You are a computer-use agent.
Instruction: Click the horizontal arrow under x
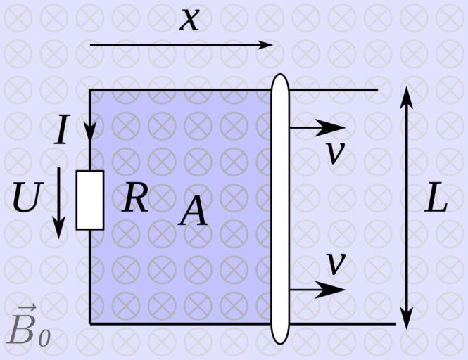pyautogui.click(x=181, y=45)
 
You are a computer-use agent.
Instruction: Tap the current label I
pyautogui.click(x=62, y=131)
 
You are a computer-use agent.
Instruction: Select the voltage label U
pyautogui.click(x=26, y=198)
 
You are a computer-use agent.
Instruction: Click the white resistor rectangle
pyautogui.click(x=90, y=200)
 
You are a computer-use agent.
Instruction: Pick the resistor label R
pyautogui.click(x=135, y=198)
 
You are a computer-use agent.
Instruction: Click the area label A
pyautogui.click(x=194, y=211)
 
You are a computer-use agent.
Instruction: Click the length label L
pyautogui.click(x=436, y=200)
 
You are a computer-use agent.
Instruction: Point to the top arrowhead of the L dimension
pyautogui.click(x=407, y=96)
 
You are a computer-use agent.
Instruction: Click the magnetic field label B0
pyautogui.click(x=29, y=329)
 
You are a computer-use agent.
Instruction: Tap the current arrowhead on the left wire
pyautogui.click(x=90, y=131)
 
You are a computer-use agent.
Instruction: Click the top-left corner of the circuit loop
pyautogui.click(x=90, y=90)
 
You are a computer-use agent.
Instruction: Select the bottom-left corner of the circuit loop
pyautogui.click(x=90, y=323)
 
